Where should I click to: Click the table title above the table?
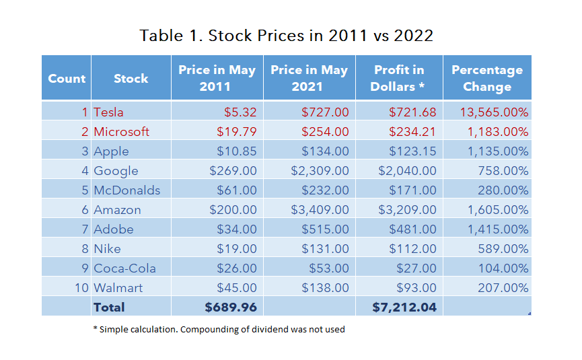(286, 36)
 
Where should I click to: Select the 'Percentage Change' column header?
(486, 78)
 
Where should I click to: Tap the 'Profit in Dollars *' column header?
(398, 78)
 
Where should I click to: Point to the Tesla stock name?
(109, 112)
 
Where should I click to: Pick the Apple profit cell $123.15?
(412, 151)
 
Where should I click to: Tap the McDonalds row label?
(126, 190)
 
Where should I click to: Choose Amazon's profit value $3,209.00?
(407, 210)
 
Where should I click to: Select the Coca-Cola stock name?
(124, 268)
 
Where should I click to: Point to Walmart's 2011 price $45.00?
(237, 288)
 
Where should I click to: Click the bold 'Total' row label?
(109, 307)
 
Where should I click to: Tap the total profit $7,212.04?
(404, 307)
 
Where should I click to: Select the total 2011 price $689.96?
(231, 307)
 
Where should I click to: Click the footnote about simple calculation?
(219, 329)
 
